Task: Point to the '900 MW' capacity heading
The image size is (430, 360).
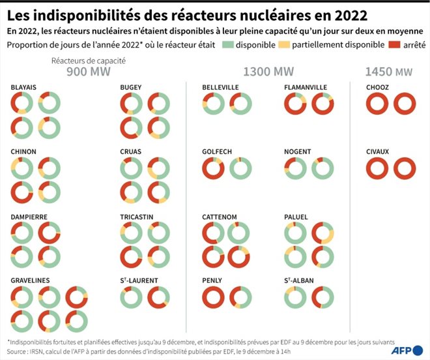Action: pyautogui.click(x=87, y=72)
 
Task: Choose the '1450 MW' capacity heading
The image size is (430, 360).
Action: pyautogui.click(x=388, y=72)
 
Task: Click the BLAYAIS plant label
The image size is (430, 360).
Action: pyautogui.click(x=23, y=87)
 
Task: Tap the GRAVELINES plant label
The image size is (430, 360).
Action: pyautogui.click(x=30, y=280)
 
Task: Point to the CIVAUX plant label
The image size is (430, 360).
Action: pyautogui.click(x=377, y=152)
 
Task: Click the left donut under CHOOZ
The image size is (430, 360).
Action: pyautogui.click(x=377, y=104)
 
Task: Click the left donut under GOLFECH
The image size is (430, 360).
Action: pyautogui.click(x=214, y=168)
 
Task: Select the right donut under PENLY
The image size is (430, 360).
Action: pyautogui.click(x=240, y=297)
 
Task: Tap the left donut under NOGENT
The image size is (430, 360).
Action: pyautogui.click(x=295, y=168)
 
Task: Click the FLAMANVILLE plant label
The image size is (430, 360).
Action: pyautogui.click(x=306, y=87)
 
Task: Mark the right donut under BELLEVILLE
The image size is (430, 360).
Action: pyautogui.click(x=240, y=104)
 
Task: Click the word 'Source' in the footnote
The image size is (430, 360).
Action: pyautogui.click(x=19, y=350)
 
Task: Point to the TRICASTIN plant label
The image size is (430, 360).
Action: pyautogui.click(x=136, y=216)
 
